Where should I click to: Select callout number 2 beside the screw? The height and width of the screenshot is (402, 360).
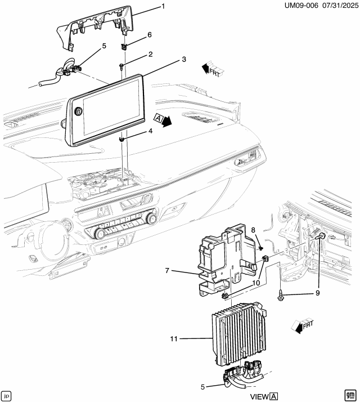(150, 55)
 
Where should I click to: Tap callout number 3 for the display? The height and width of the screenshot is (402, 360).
(183, 59)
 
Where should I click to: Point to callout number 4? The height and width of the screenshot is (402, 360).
(150, 131)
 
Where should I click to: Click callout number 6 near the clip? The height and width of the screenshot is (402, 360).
(149, 35)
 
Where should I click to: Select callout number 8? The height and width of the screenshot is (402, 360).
(253, 230)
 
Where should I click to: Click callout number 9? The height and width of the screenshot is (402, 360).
(317, 293)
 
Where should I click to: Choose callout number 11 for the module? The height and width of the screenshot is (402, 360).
(174, 339)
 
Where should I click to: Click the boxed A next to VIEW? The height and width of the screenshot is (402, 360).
(274, 396)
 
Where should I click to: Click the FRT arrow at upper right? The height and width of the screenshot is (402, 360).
(212, 69)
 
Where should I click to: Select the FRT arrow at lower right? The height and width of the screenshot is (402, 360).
(303, 325)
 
